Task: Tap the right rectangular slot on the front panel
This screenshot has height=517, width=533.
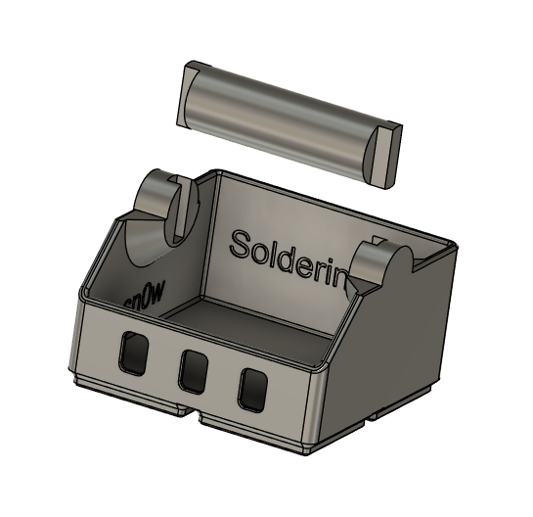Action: click(253, 389)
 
